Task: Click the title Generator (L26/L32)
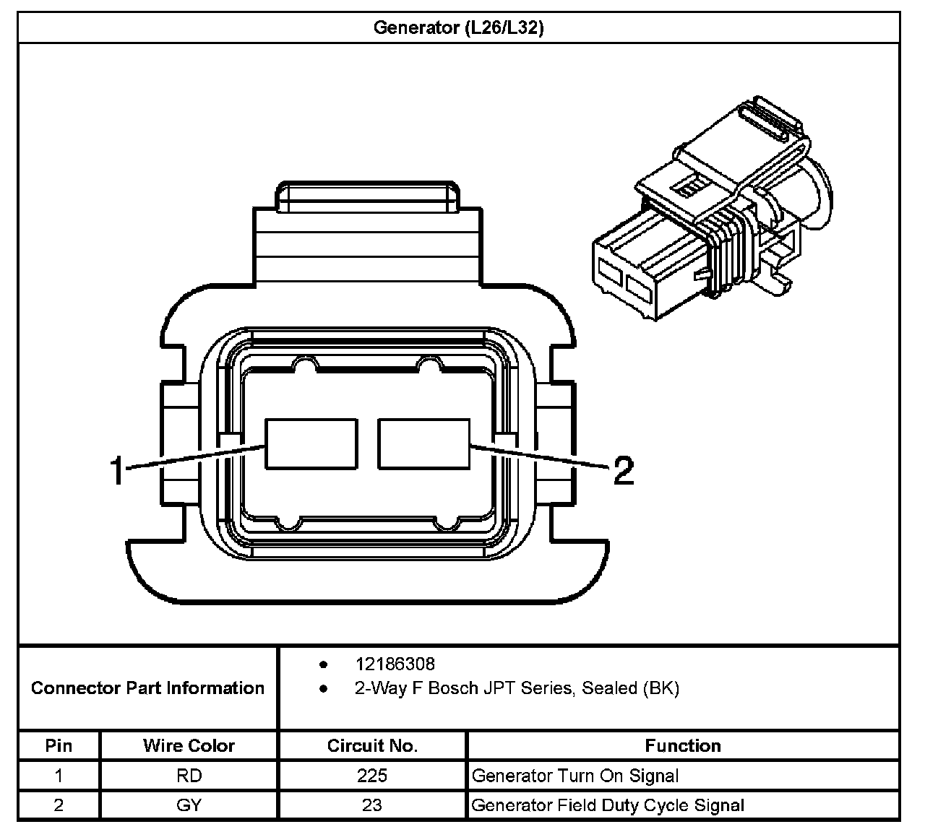click(x=458, y=28)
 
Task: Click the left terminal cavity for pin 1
click(x=311, y=443)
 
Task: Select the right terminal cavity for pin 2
click(x=424, y=443)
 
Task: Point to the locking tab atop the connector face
click(x=368, y=196)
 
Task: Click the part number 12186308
click(x=395, y=664)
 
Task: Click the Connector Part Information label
click(x=147, y=688)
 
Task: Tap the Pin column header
click(x=59, y=745)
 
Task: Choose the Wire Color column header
click(x=189, y=745)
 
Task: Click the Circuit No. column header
click(x=372, y=745)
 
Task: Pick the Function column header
click(x=683, y=745)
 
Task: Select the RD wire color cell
click(x=189, y=776)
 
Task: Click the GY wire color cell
click(x=189, y=805)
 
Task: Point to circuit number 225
click(x=372, y=776)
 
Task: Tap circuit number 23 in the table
click(x=372, y=805)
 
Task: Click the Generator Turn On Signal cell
click(x=575, y=776)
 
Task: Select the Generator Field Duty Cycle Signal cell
click(x=608, y=805)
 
